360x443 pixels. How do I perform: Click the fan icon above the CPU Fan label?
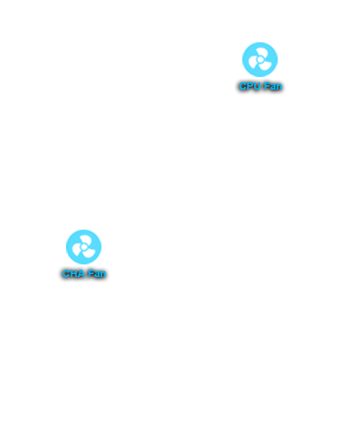pos(260,59)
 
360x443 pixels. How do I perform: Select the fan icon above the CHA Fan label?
pos(84,247)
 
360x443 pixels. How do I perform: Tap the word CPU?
pos(250,86)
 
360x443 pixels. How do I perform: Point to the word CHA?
pos(73,273)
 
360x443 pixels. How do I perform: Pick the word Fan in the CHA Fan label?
pos(97,273)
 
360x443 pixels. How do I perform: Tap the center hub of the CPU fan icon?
pos(260,59)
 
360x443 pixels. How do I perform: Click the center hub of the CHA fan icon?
pos(84,247)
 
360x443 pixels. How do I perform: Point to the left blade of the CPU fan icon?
pos(253,62)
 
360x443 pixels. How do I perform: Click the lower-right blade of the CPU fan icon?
pos(264,66)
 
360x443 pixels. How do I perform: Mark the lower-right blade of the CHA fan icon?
pos(88,253)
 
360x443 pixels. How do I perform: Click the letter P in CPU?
pos(250,86)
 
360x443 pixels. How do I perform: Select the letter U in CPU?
pos(256,86)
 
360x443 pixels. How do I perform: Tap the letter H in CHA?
pos(73,273)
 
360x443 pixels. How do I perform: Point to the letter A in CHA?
pos(81,273)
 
